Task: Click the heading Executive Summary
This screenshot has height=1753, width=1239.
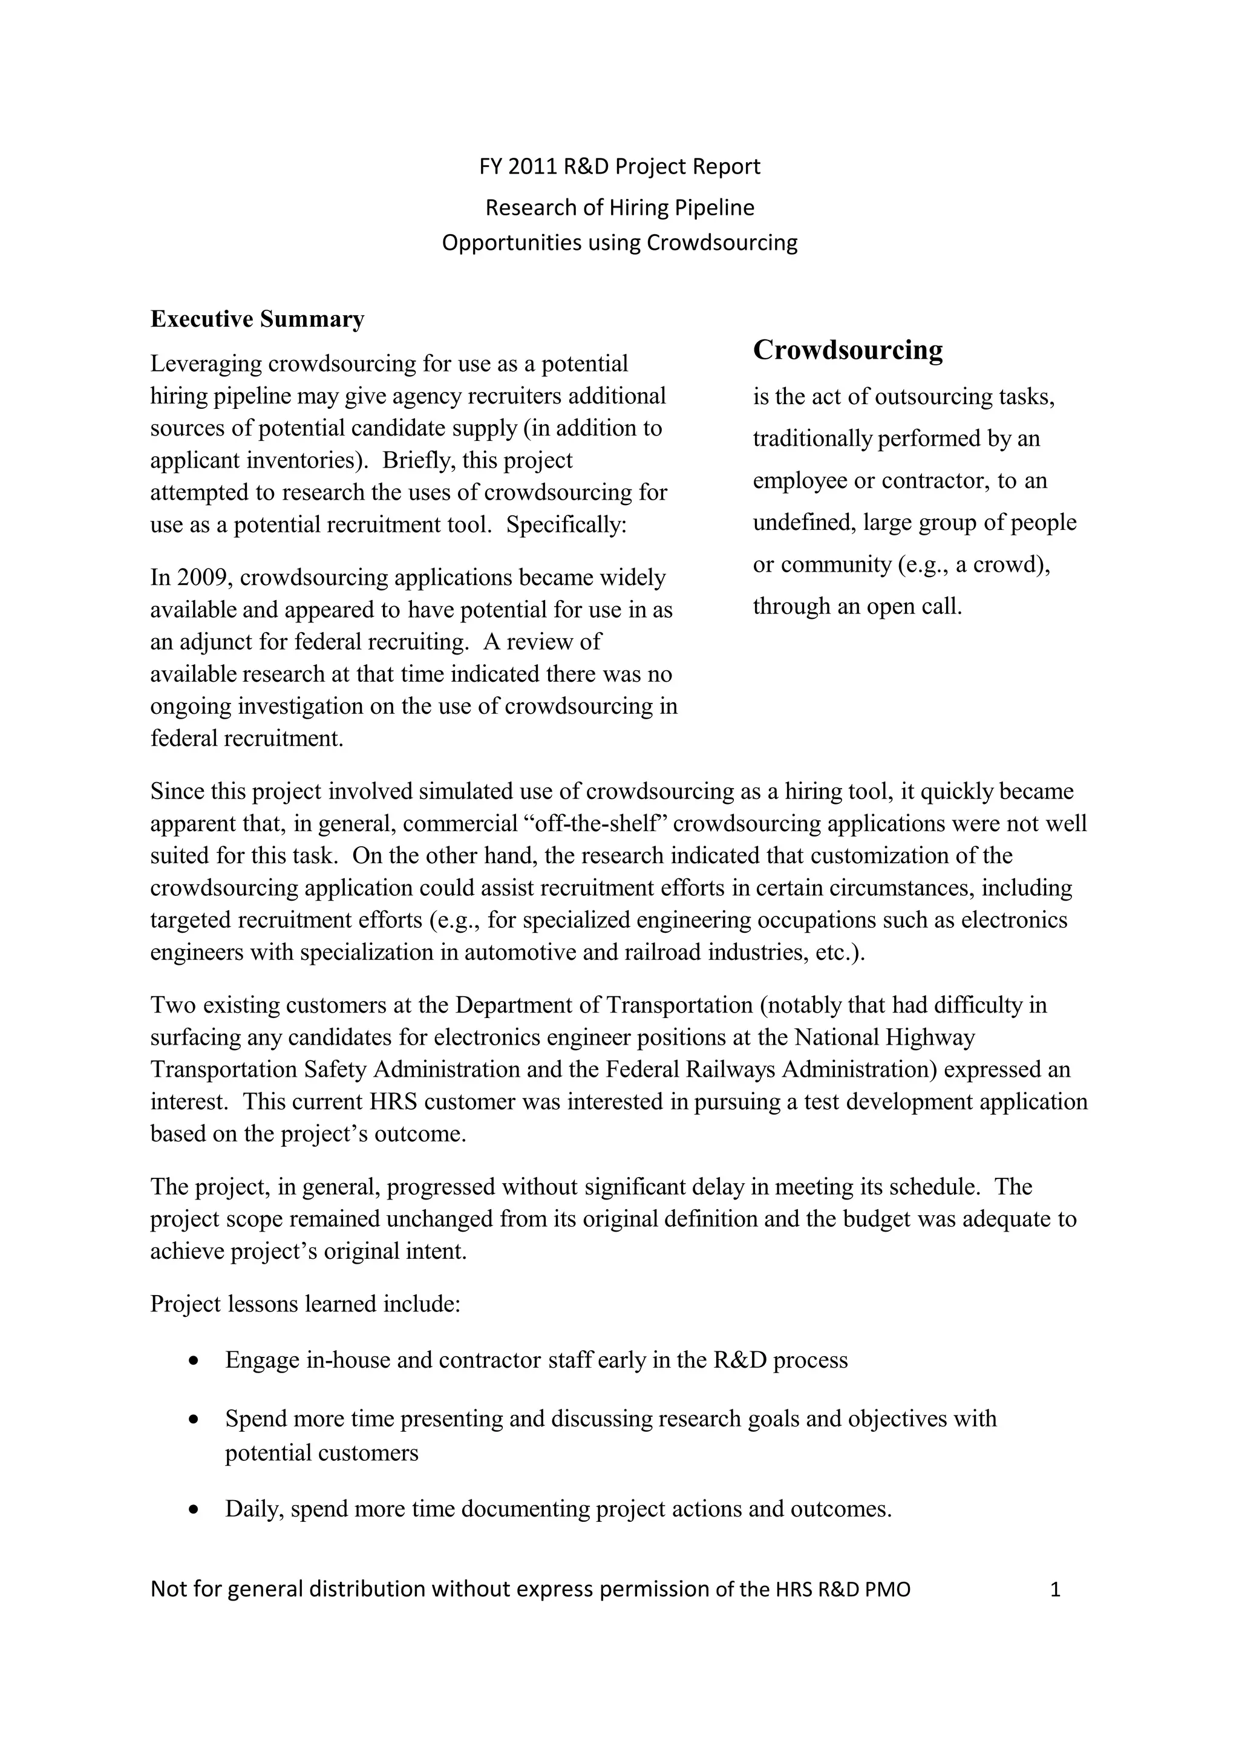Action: coord(257,319)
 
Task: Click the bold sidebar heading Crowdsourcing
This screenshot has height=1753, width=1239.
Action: coord(848,350)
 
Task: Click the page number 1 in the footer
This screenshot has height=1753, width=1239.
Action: coord(1056,1590)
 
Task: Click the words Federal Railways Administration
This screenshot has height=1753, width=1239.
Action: coord(771,1069)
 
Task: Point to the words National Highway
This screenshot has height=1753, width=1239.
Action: coord(884,1037)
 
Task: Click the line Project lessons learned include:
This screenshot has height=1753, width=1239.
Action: coord(306,1304)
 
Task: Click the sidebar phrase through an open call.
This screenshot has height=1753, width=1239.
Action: coord(857,606)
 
